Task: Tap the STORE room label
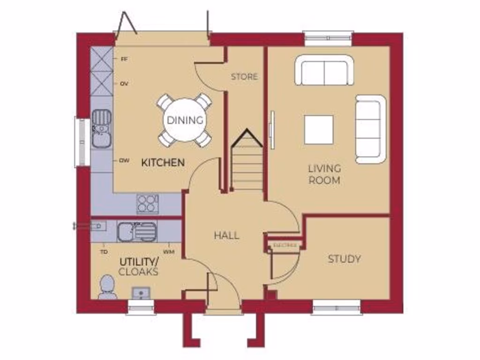244,76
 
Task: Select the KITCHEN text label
163,163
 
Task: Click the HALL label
226,235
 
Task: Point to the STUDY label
344,259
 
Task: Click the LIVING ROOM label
324,174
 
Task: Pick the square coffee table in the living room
319,129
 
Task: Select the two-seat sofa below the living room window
324,71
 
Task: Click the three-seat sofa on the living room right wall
370,129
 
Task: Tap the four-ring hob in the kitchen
147,204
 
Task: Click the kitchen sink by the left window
101,128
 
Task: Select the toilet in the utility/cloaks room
107,286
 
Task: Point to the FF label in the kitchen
124,60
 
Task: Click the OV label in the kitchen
124,84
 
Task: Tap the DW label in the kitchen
124,160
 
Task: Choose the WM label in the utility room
169,252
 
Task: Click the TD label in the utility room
104,252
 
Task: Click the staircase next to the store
247,164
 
